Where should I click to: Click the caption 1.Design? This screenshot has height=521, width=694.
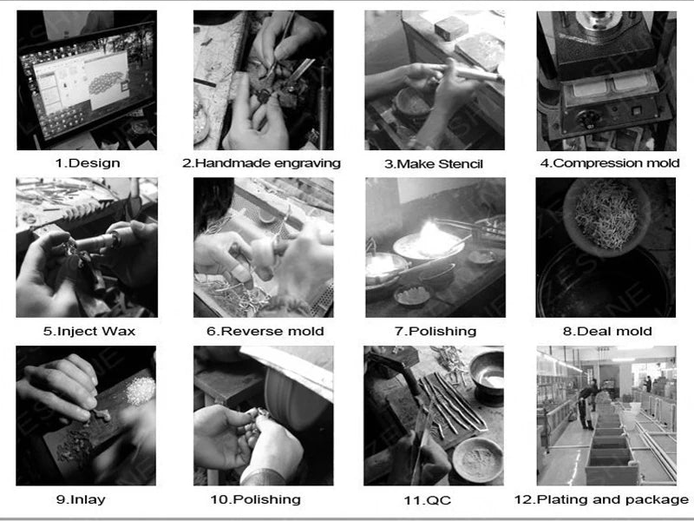[x=88, y=163]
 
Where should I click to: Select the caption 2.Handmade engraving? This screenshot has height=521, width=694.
[x=262, y=163]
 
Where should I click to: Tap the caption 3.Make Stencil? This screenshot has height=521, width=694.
[x=434, y=164]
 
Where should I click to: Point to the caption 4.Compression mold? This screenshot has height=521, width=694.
[x=610, y=163]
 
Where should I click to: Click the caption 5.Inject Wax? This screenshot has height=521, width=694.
[x=89, y=332]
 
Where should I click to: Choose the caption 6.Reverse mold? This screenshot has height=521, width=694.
[x=265, y=332]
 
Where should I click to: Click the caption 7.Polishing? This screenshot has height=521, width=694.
[x=435, y=332]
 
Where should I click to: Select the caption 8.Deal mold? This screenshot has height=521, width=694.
[x=607, y=332]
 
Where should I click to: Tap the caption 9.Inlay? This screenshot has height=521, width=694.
[x=81, y=500]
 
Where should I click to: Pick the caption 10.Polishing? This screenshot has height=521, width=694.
[x=255, y=500]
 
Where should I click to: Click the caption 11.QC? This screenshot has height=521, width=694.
[x=427, y=501]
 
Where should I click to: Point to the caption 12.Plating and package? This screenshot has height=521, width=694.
[x=601, y=500]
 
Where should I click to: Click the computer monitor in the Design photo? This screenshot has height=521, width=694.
[x=88, y=82]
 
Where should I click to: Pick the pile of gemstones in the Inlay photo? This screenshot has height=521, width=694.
[x=141, y=390]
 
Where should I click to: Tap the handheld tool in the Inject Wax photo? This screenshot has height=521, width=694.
[x=98, y=242]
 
